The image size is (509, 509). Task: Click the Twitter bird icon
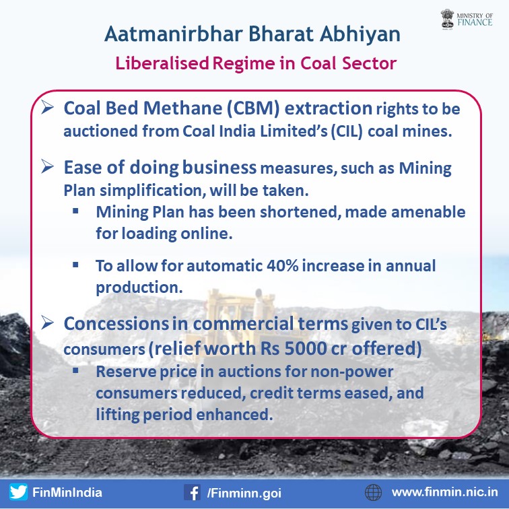[x=18, y=491]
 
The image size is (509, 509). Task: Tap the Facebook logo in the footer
[x=192, y=492]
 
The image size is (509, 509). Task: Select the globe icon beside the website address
[x=373, y=492]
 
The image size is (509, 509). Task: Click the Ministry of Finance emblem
[x=447, y=19]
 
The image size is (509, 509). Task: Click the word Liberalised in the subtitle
[x=162, y=63]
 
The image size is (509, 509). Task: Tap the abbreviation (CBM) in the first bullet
[x=253, y=108]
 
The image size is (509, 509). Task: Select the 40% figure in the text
[x=282, y=265]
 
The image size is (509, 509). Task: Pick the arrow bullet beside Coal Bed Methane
[x=47, y=108]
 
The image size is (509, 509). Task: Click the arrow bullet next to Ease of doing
[x=47, y=166]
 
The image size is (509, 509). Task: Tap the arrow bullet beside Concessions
[x=47, y=323]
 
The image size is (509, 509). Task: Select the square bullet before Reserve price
[x=75, y=370]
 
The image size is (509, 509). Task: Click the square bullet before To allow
[x=75, y=265]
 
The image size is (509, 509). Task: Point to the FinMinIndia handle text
[x=67, y=492]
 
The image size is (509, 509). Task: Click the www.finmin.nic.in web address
[x=445, y=492]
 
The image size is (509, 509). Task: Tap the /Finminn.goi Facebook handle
[x=244, y=493]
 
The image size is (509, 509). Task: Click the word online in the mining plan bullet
[x=206, y=234]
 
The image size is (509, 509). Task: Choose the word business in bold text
[x=219, y=168]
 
